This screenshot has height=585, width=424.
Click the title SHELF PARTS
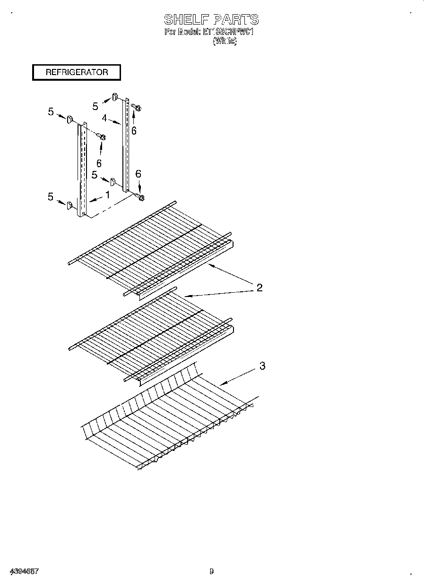tap(211, 19)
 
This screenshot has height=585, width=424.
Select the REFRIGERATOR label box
tap(77, 72)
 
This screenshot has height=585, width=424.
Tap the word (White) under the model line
tap(225, 41)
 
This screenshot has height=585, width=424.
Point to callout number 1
tap(107, 195)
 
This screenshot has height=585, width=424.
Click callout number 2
tap(259, 288)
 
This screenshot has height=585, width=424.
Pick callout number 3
tap(262, 365)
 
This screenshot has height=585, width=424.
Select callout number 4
tap(104, 118)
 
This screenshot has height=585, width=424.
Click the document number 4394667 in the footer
tap(23, 571)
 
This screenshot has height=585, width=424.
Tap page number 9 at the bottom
tap(211, 571)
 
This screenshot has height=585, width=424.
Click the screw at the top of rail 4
tap(137, 108)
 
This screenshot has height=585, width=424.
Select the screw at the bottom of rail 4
tap(140, 197)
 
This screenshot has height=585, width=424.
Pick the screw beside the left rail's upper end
tap(102, 137)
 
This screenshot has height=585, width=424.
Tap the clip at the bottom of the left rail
tap(69, 205)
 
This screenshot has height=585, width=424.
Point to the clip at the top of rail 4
tap(115, 98)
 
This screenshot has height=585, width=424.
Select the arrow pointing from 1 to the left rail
tap(96, 199)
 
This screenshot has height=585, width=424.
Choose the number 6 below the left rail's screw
tap(99, 163)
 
